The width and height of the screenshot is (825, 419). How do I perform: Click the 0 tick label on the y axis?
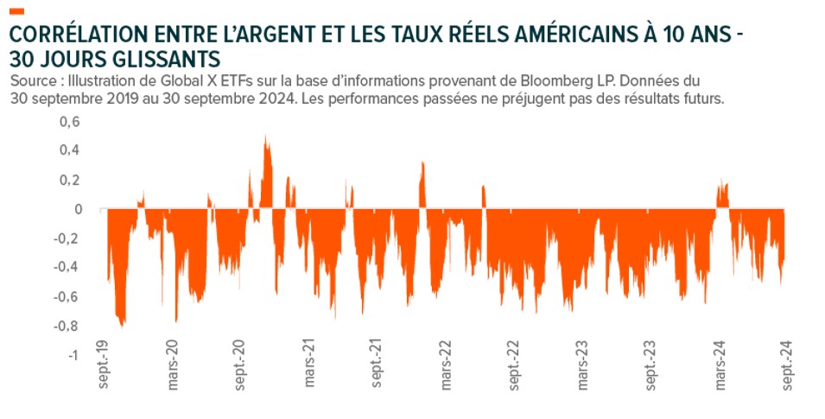78,209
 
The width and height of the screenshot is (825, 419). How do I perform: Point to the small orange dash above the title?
18,10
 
